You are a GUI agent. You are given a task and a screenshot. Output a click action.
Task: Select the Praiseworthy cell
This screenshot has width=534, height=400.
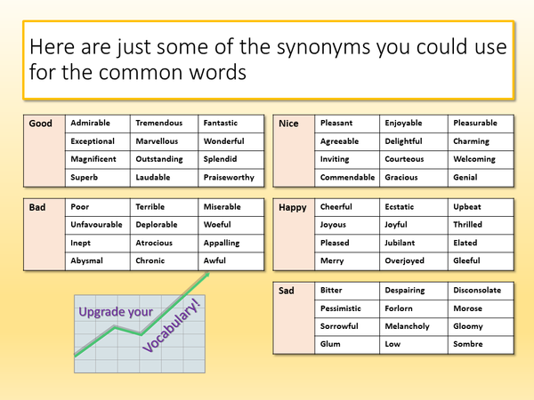click(229, 178)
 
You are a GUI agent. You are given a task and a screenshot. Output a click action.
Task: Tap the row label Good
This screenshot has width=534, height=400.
click(41, 124)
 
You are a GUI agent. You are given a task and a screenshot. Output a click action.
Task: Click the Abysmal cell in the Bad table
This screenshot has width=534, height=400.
click(87, 261)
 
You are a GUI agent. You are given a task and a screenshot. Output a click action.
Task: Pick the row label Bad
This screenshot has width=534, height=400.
click(37, 207)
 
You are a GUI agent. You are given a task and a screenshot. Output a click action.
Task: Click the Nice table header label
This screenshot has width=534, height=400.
click(288, 124)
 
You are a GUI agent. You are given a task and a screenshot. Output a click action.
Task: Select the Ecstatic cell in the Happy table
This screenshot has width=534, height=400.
click(400, 207)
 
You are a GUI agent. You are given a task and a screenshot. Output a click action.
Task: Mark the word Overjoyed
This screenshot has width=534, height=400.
click(405, 261)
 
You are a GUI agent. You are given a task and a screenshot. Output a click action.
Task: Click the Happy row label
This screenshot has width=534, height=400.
click(293, 207)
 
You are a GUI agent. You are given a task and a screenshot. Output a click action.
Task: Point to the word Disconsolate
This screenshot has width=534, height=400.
click(477, 290)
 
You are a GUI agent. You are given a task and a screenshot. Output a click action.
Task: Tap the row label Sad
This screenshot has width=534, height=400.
click(287, 290)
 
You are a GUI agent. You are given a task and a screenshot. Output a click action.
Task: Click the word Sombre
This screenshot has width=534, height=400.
click(468, 344)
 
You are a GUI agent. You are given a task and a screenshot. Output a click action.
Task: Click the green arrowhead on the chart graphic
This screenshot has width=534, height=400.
click(206, 276)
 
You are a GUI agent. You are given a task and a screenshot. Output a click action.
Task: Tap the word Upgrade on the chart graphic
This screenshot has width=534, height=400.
click(102, 314)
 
